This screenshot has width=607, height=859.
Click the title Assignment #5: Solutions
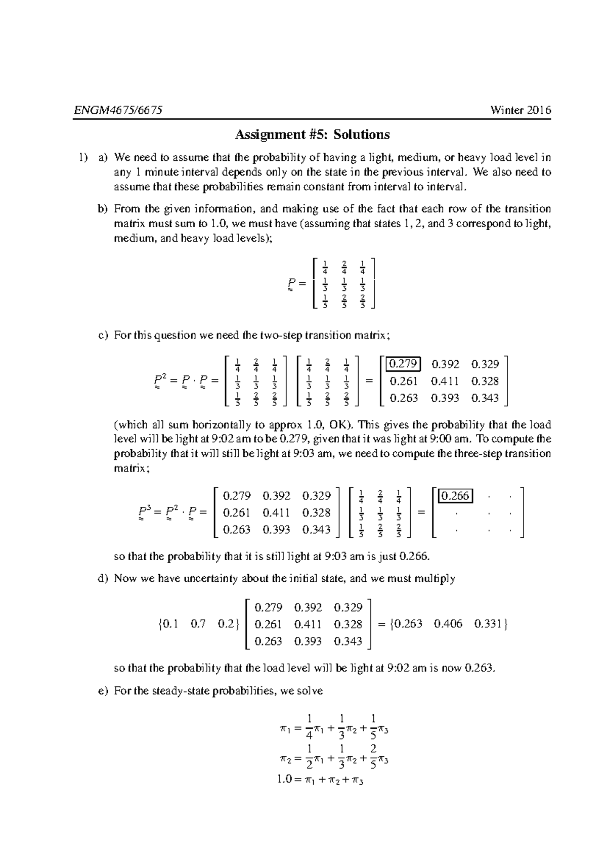coord(312,135)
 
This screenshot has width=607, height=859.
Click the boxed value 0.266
coord(456,496)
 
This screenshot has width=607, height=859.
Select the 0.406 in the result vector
coord(448,624)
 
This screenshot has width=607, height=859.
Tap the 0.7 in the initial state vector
coord(198,624)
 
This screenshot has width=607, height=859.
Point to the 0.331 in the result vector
coord(488,624)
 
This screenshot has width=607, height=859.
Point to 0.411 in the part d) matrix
coord(308,624)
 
